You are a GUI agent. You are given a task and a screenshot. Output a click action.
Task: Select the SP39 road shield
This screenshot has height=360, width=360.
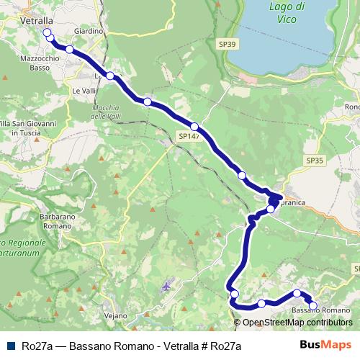click(227, 44)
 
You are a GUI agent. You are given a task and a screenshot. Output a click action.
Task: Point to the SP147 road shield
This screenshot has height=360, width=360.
click(189, 135)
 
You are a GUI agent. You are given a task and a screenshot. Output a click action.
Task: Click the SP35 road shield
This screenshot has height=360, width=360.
click(315, 160)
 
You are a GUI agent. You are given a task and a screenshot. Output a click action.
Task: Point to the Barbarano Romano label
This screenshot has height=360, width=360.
click(54, 220)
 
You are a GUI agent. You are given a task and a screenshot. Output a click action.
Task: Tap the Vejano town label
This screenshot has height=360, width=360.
click(115, 316)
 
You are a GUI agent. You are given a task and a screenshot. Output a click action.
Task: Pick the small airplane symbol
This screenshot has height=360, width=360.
click(167, 286)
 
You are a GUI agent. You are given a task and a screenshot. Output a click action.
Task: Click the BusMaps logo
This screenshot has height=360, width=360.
click(326, 345)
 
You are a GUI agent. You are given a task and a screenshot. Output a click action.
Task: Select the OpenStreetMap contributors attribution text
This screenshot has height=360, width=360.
click(297, 323)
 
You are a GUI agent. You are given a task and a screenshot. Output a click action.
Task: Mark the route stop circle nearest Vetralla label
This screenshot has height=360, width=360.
click(48, 33)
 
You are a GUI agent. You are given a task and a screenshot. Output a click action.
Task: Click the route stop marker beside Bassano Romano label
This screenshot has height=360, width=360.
click(312, 305)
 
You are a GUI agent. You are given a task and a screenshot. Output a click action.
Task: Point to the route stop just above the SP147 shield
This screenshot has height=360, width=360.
click(194, 127)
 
